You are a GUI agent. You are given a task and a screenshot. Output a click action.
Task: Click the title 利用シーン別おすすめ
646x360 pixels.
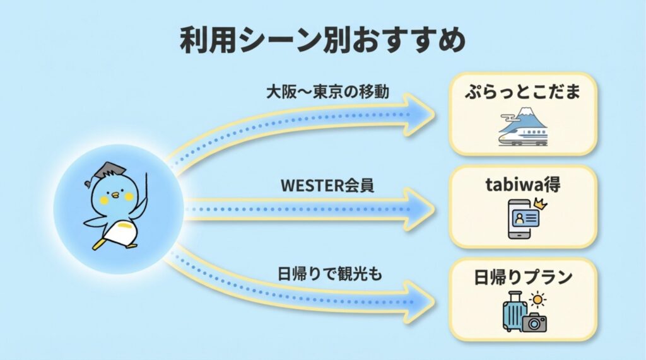322,40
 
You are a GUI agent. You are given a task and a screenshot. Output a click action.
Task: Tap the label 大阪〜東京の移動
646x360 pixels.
327,91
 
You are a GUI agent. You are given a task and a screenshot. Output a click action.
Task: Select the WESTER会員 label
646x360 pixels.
327,185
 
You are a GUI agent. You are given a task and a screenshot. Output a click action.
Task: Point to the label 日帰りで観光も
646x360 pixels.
329,274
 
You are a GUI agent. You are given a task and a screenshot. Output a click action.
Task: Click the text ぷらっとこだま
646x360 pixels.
523,91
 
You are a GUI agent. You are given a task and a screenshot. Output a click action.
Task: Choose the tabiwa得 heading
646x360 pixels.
523,185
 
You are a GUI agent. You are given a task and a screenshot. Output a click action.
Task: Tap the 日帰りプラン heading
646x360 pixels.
523,277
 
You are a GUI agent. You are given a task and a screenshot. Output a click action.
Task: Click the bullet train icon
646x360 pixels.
523,136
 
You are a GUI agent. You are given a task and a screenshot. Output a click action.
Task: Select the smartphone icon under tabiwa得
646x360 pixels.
520,219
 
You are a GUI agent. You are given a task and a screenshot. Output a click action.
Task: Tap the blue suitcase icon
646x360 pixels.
514,311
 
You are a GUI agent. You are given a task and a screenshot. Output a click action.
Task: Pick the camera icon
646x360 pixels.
534,323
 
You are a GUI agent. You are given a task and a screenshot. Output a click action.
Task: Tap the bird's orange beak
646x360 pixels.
116,194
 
